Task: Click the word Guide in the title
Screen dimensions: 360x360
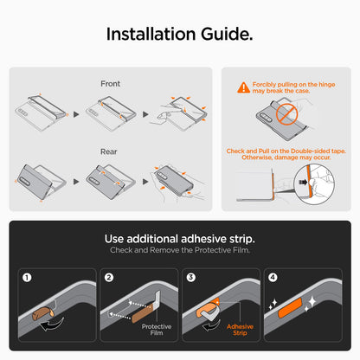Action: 227,34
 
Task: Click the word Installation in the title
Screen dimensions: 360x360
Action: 151,34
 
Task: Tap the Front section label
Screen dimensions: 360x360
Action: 110,84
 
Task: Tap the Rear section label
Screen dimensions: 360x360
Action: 109,151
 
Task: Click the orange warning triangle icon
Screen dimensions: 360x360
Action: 244,87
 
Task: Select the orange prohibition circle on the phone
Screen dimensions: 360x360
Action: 286,114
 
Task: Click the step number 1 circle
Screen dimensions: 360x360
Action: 27,278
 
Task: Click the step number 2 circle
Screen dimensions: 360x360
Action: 109,278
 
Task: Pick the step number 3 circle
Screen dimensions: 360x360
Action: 191,278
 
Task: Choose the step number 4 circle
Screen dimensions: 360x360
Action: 273,278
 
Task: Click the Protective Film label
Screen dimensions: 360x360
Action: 157,330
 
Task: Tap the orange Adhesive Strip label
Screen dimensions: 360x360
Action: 240,330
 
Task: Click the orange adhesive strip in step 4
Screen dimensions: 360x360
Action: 290,308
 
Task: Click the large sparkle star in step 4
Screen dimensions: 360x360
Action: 312,302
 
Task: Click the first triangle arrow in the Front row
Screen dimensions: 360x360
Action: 76,114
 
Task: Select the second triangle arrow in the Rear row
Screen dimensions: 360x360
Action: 145,182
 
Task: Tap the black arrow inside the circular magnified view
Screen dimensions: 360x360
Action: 303,182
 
